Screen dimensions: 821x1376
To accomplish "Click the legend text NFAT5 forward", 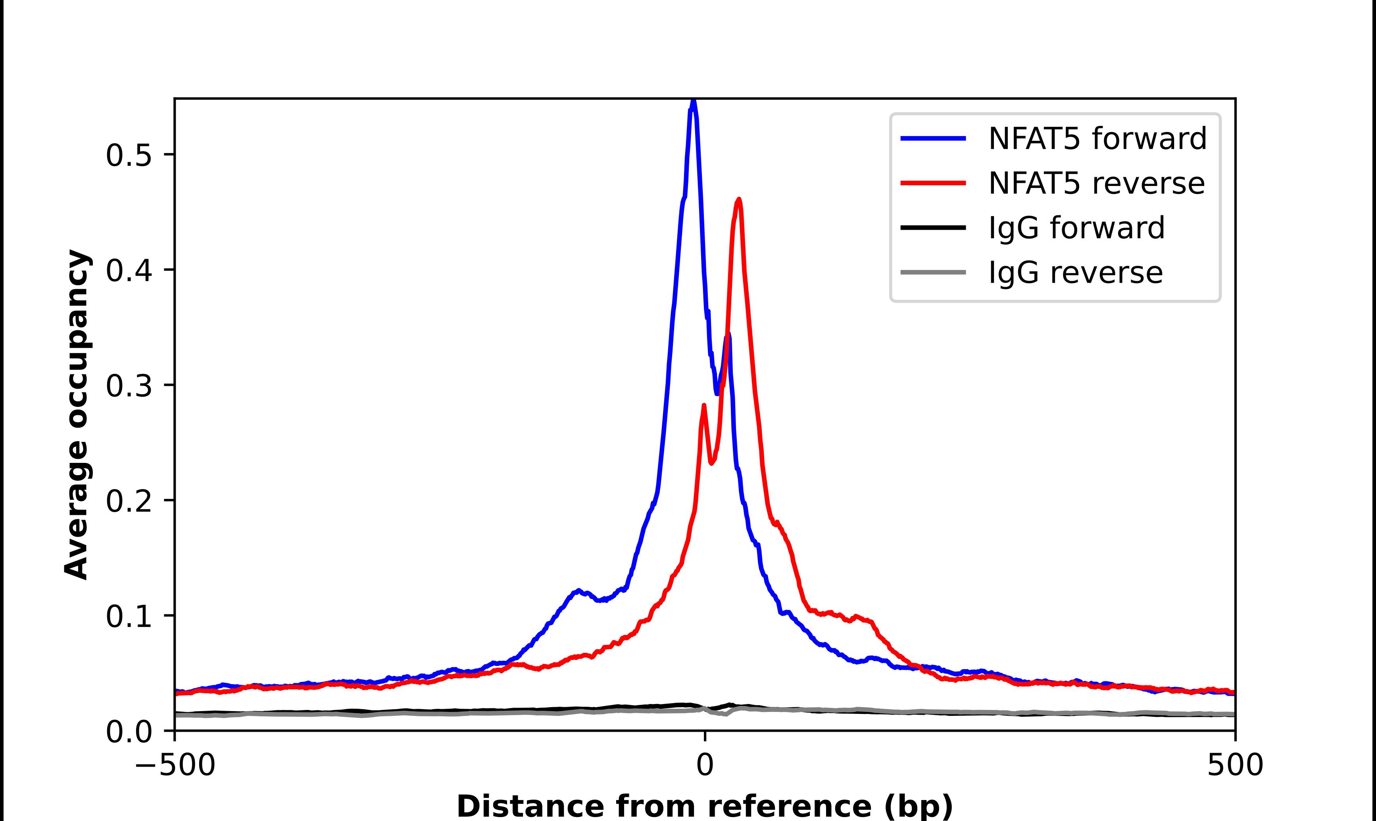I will click(1097, 138).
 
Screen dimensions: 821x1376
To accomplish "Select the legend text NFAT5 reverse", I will click(1096, 183).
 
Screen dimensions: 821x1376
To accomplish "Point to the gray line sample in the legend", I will click(933, 272).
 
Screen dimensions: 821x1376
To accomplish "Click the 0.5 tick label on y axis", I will click(129, 155).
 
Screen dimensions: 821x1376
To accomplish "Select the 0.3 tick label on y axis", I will click(129, 386).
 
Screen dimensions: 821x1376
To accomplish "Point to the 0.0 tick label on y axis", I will click(129, 732).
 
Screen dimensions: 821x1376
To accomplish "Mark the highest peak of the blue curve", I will click(693, 102).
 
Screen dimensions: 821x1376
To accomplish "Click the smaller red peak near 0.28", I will click(704, 406).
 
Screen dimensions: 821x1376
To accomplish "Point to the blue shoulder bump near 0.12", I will click(578, 591).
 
